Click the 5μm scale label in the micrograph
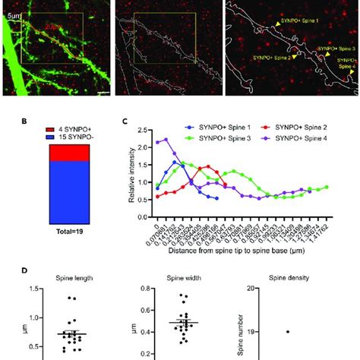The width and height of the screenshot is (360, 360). click(13, 10)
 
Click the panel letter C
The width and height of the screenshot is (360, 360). click(125, 120)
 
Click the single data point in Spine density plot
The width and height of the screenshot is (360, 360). click(288, 331)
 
